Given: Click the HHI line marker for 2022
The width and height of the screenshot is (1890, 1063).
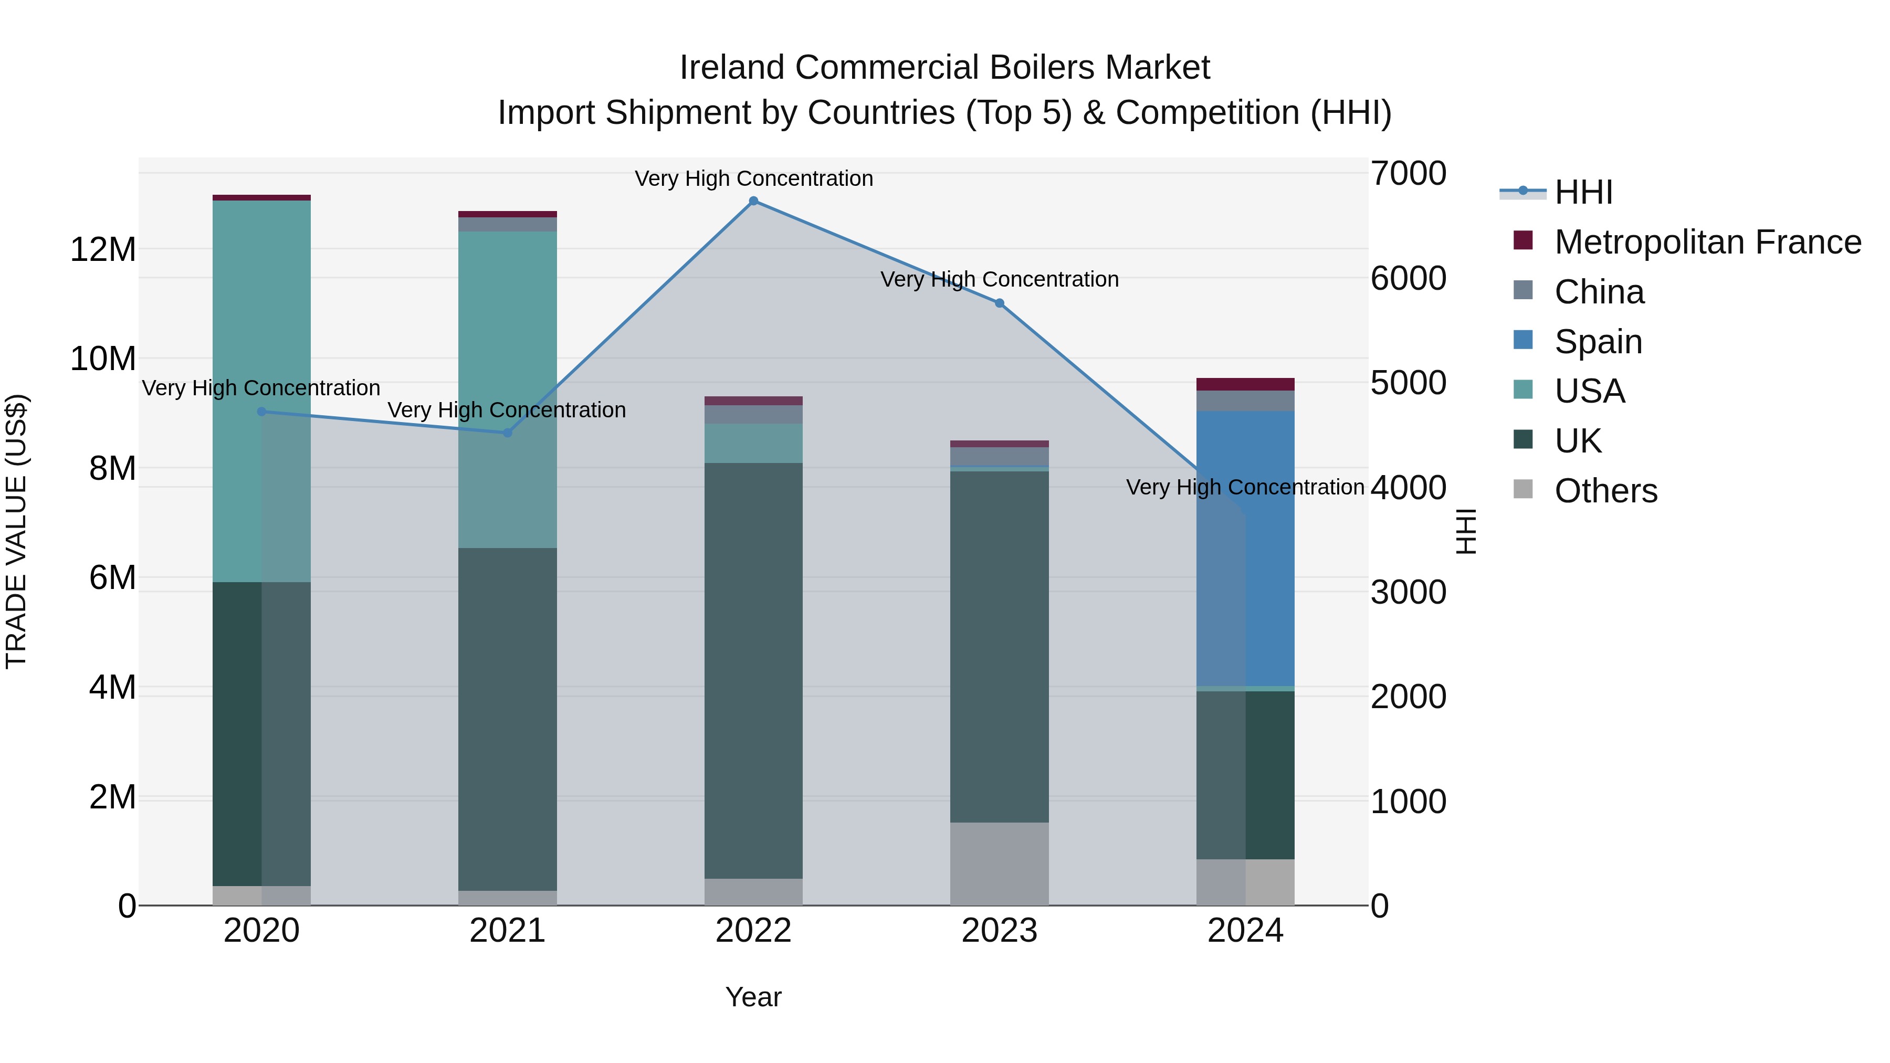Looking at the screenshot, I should pos(753,201).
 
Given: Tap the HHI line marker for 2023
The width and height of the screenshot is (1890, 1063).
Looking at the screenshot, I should pos(999,303).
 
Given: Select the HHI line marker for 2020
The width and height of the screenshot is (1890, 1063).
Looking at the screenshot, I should pos(261,412).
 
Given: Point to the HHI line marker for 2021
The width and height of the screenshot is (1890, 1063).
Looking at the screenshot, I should pos(507,433).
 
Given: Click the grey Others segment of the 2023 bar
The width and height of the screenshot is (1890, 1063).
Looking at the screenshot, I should pos(999,864).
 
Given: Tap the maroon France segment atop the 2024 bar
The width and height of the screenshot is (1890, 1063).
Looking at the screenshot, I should pos(1245,384).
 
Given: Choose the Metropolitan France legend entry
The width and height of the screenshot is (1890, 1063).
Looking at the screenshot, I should pos(1707,242).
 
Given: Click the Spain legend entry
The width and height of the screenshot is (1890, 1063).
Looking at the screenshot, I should pos(1598,341).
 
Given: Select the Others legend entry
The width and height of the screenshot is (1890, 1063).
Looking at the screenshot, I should pos(1605,491).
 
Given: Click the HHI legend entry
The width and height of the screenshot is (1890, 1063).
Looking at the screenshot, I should pos(1583,192).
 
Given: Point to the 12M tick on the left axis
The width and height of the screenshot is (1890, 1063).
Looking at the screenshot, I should pos(103,249).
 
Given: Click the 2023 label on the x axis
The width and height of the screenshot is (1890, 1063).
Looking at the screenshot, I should pos(999,931).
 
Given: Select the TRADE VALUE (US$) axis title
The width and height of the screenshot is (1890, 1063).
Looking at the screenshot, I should pos(17,531).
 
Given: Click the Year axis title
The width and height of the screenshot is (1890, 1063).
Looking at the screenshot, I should pos(753,997).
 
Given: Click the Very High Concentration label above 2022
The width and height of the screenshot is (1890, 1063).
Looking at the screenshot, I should pos(753,178).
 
